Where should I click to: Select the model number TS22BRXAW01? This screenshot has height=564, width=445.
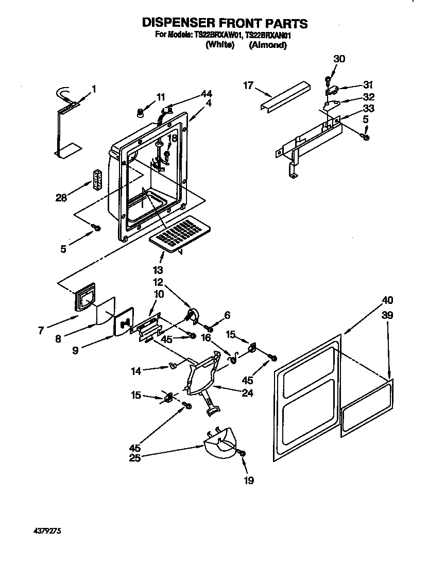(217, 35)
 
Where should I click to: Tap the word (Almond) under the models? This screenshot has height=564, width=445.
(267, 45)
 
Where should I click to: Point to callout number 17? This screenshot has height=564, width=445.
(248, 86)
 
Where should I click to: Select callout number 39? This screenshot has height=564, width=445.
(387, 315)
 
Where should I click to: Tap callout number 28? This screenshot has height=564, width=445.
(61, 198)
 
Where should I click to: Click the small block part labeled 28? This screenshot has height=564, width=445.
(97, 180)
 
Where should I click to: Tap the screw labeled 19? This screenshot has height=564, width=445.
(242, 453)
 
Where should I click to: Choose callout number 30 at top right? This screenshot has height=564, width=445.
(338, 59)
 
